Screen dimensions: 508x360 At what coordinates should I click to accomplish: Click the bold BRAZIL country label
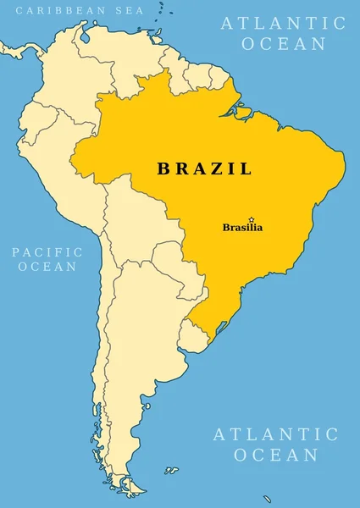pyautogui.click(x=204, y=168)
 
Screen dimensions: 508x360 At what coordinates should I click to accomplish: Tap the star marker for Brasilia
pyautogui.click(x=251, y=219)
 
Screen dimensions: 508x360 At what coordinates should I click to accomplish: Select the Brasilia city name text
pyautogui.click(x=242, y=228)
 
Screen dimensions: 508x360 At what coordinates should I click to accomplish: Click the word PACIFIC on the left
pyautogui.click(x=47, y=251)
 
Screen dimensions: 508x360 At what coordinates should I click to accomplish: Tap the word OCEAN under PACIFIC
pyautogui.click(x=47, y=267)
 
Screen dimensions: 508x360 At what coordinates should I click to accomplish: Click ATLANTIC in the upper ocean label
pyautogui.click(x=284, y=23)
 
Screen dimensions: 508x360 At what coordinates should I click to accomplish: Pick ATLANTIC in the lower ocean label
pyautogui.click(x=275, y=434)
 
